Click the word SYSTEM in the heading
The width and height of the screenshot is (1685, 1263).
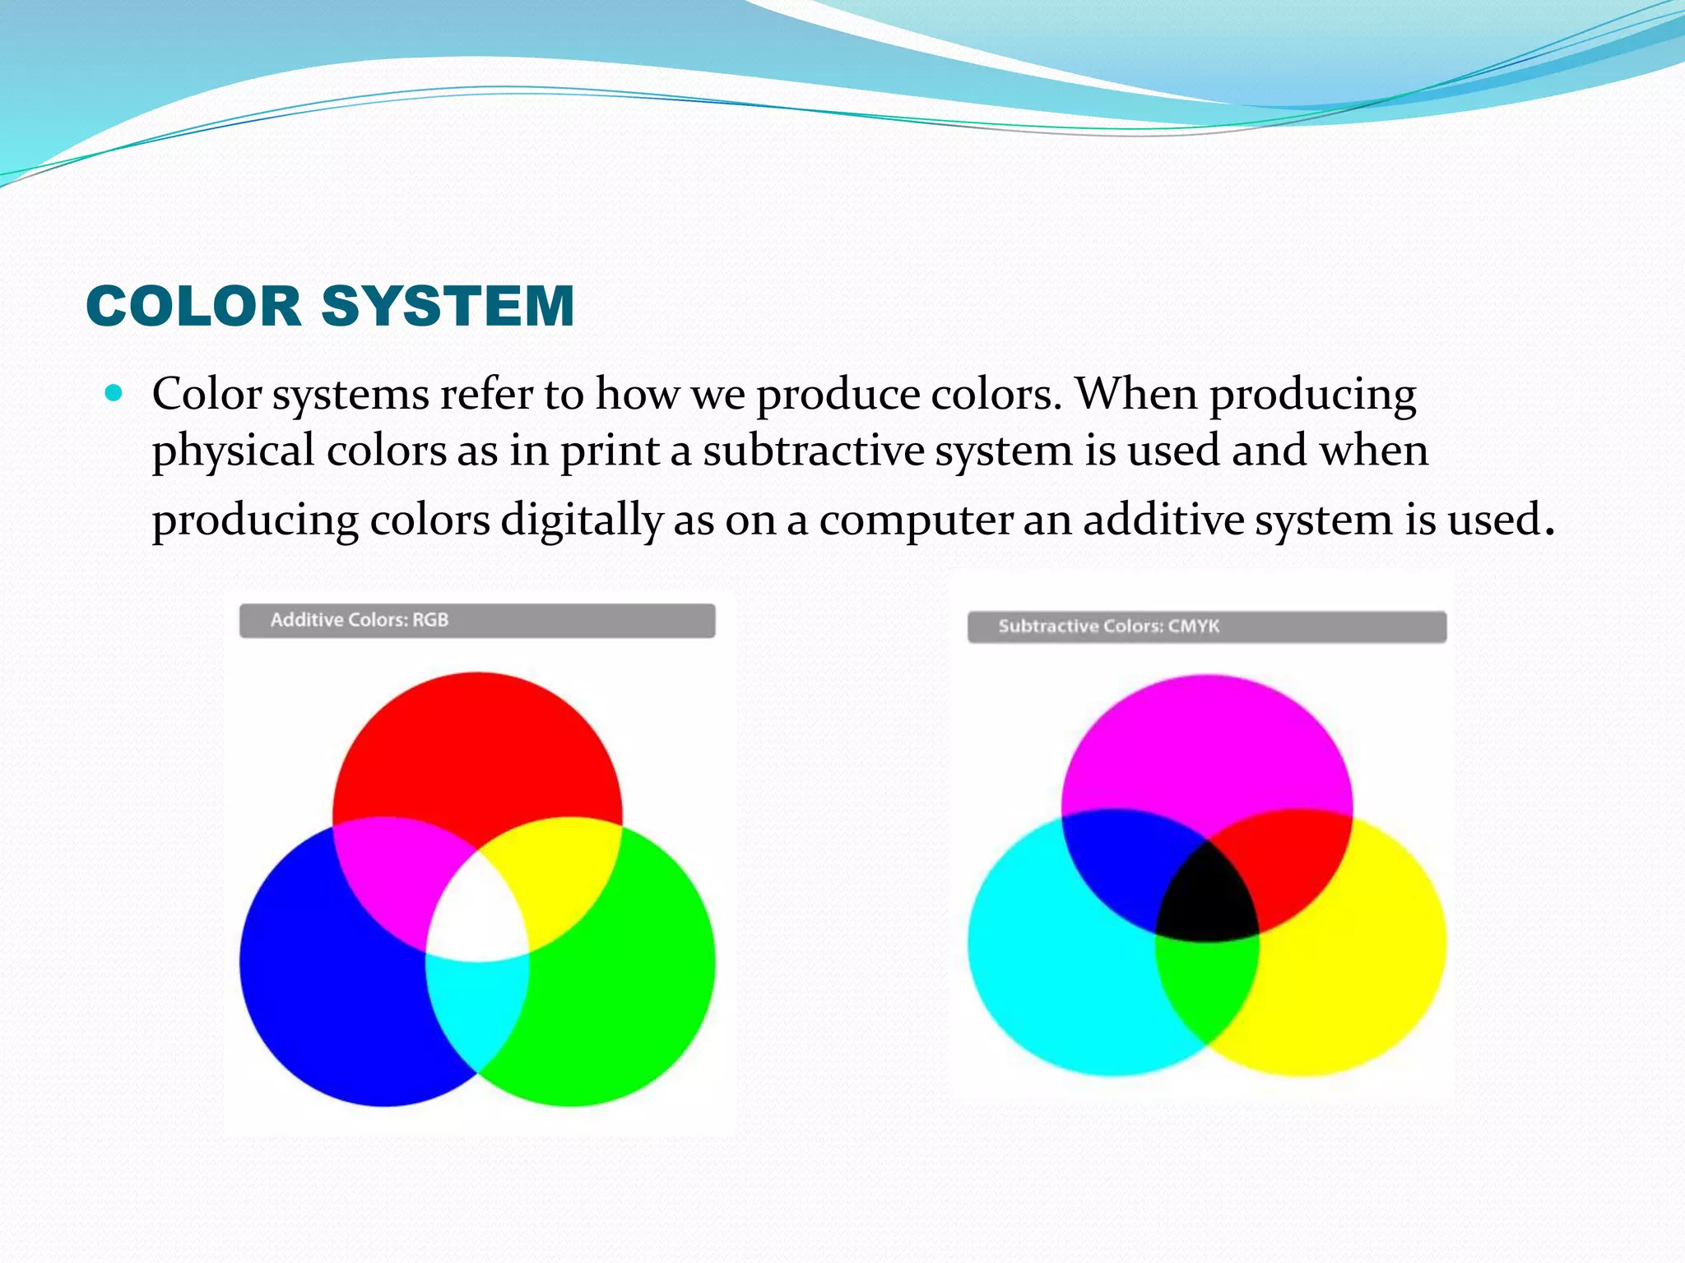pyautogui.click(x=448, y=306)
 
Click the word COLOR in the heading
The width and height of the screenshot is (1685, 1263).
pyautogui.click(x=193, y=306)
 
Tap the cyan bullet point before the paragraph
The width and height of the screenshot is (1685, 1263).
pyautogui.click(x=114, y=393)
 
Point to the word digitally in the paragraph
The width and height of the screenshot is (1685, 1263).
pyautogui.click(x=581, y=520)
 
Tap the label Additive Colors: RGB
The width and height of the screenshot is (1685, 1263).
pyautogui.click(x=360, y=620)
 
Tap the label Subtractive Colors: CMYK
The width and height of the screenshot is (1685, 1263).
pyautogui.click(x=1108, y=626)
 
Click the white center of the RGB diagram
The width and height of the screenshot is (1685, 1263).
pyautogui.click(x=477, y=913)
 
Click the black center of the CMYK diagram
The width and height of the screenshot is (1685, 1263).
pyautogui.click(x=1207, y=896)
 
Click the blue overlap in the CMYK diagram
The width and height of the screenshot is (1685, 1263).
pyautogui.click(x=1127, y=863)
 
